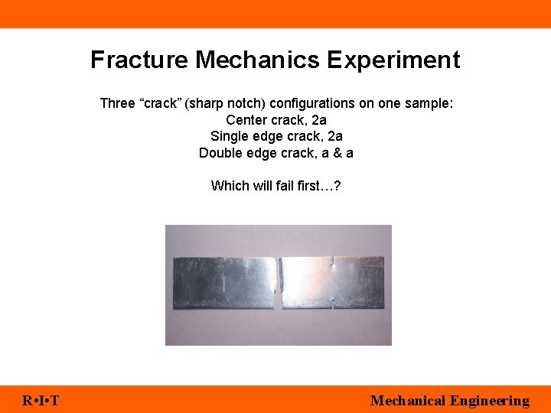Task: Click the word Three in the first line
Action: tap(117, 103)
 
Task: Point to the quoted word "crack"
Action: tap(158, 103)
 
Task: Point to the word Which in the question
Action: tap(228, 186)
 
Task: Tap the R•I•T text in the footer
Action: tap(41, 401)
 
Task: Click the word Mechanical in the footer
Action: tap(407, 401)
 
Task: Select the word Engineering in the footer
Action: tap(490, 401)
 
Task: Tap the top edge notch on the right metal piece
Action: tap(331, 262)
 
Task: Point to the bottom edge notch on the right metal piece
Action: tap(332, 307)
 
